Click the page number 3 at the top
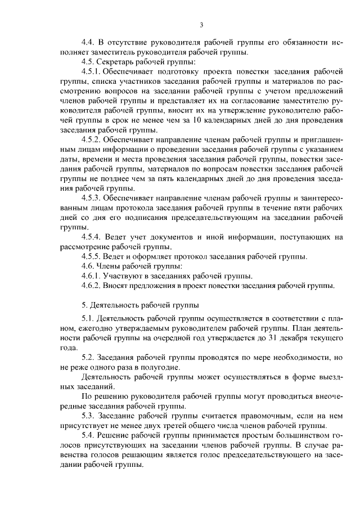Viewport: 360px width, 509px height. (x=201, y=24)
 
